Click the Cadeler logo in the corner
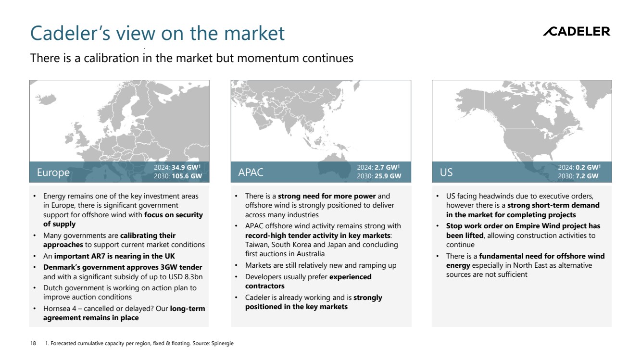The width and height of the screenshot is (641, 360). tap(577, 31)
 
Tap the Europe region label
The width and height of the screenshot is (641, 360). tap(53, 172)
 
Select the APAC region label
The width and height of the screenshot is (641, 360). tap(251, 172)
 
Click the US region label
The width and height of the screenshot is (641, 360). tap(446, 172)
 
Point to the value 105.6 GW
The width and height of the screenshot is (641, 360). tap(187, 176)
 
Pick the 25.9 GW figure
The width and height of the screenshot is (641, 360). tap(388, 176)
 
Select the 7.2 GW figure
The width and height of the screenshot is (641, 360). tap(587, 176)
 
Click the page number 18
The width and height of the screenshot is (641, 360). tap(33, 343)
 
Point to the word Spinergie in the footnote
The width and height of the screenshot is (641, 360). tap(222, 343)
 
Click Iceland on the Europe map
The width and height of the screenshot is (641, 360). tap(46, 99)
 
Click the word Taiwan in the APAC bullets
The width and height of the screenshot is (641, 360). tap(256, 245)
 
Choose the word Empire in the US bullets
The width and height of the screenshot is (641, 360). tap(528, 226)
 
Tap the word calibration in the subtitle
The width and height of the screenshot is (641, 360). tap(112, 58)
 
